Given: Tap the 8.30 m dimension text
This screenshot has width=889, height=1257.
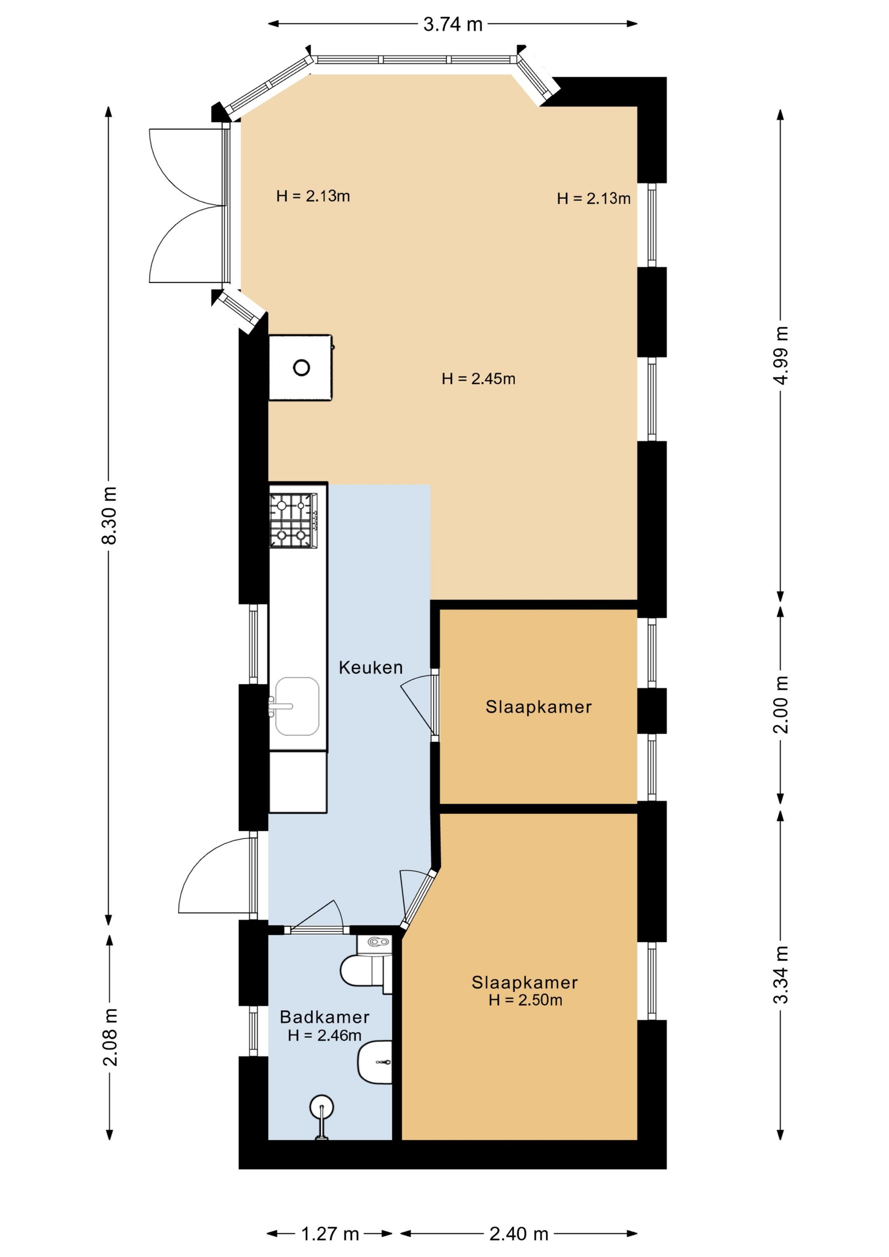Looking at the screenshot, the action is click(x=109, y=515).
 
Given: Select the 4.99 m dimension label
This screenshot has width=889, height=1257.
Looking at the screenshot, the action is click(x=780, y=355).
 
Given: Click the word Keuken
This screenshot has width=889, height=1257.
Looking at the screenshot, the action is click(x=371, y=667).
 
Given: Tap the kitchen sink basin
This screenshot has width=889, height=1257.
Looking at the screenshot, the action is click(x=297, y=706).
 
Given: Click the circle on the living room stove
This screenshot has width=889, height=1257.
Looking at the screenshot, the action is click(x=302, y=367).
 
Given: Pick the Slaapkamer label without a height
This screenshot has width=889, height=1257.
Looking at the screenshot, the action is click(x=538, y=707).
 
